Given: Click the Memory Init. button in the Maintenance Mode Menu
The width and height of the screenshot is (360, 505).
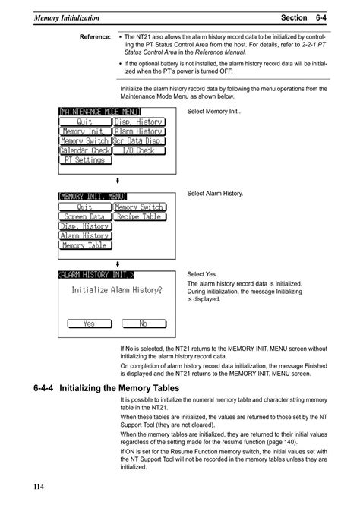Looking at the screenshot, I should [84, 131].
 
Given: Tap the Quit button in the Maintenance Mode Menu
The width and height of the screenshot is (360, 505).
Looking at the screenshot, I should [84, 122].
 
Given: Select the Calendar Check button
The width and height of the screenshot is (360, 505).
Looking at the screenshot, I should [84, 150].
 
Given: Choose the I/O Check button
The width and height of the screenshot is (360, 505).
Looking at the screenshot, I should [139, 150].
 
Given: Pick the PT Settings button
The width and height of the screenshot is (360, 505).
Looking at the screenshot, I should [84, 160].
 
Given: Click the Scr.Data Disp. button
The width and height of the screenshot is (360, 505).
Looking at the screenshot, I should [139, 140].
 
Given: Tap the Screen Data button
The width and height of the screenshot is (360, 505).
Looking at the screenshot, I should [84, 216].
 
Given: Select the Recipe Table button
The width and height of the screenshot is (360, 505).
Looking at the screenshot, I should [139, 216].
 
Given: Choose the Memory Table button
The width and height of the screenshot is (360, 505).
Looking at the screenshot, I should [84, 245].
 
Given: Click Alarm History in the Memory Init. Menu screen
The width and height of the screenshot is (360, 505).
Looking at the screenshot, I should [84, 235].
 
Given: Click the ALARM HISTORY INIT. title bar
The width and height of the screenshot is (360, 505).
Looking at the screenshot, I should [96, 274].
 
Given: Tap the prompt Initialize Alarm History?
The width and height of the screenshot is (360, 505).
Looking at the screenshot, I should [117, 289].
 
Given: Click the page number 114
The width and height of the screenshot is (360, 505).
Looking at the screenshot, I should [40, 485].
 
